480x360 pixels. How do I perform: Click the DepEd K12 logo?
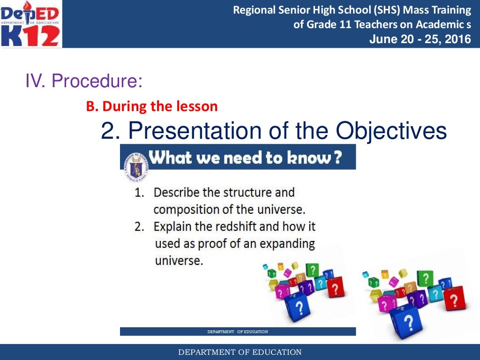tap(31, 24)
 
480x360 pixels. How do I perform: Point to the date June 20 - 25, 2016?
tap(420, 39)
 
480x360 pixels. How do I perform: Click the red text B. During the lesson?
tap(152, 106)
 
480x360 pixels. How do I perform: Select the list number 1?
tap(139, 193)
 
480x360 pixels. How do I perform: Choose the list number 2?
tap(139, 227)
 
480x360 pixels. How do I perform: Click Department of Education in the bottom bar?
tap(240, 352)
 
